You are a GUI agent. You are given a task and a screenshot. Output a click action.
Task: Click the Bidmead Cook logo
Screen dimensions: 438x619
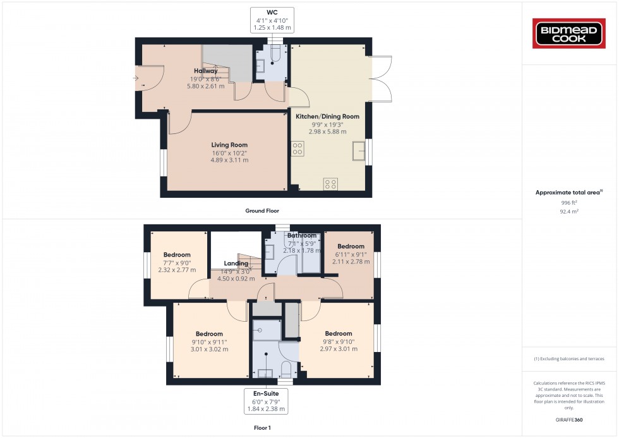click(570, 33)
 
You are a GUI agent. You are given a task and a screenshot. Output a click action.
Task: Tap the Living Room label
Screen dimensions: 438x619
click(229, 145)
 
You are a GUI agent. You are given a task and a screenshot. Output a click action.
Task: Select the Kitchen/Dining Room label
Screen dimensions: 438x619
click(327, 116)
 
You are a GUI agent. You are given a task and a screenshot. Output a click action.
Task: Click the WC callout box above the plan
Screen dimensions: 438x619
click(272, 20)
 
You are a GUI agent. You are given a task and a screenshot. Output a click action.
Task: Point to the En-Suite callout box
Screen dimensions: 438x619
click(265, 400)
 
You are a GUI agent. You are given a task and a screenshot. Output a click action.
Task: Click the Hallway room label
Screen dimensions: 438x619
click(205, 71)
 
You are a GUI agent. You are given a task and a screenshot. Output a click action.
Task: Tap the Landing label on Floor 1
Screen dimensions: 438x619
click(236, 264)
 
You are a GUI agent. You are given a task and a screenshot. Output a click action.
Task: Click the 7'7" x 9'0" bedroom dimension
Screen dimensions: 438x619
click(177, 263)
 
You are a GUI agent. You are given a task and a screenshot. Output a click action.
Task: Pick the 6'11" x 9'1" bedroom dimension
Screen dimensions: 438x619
click(351, 254)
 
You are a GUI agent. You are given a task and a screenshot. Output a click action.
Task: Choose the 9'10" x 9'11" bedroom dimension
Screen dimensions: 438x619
click(209, 342)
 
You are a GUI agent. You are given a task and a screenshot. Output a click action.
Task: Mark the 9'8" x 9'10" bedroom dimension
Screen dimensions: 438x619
click(339, 342)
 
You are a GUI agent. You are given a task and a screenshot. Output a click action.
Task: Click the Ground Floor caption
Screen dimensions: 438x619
click(262, 211)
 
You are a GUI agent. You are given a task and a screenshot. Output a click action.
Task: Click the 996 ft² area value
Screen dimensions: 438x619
click(569, 203)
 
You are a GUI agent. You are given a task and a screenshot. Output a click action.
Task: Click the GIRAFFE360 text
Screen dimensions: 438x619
click(570, 419)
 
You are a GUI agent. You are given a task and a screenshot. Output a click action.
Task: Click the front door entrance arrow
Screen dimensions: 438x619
click(136, 78)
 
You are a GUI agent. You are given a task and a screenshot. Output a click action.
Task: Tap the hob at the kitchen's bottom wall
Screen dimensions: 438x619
click(330, 184)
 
